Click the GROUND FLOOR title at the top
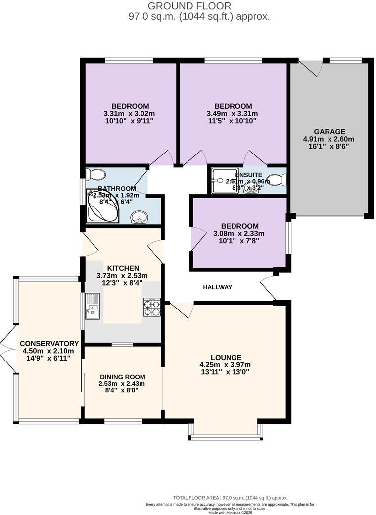(189, 6)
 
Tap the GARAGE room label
(329, 132)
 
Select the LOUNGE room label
(226, 357)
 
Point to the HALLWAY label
(217, 287)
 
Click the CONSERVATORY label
(49, 343)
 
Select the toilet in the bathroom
(94, 174)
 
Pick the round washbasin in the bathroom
(140, 217)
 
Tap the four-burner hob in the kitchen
(152, 307)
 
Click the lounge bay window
(226, 436)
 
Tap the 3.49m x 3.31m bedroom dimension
(233, 114)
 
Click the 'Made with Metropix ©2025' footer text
(230, 512)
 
